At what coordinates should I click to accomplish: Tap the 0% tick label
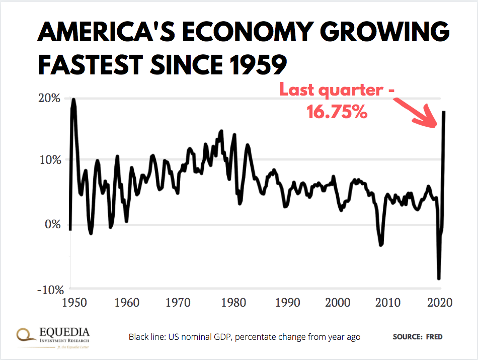(x=53, y=224)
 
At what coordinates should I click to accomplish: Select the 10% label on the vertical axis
(x=50, y=160)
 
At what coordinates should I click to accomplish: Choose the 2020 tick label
(x=440, y=303)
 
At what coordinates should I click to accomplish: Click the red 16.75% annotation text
(x=337, y=112)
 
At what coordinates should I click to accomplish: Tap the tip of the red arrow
(x=436, y=127)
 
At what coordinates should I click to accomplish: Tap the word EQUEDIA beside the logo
(x=64, y=331)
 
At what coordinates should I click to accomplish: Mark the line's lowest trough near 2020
(x=439, y=278)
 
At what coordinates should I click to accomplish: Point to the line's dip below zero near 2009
(x=381, y=244)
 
